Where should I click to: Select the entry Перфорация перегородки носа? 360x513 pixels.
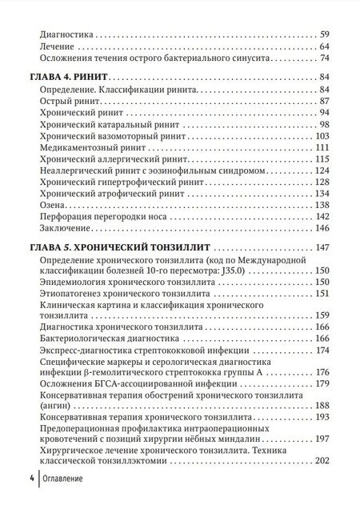tap(102, 217)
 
